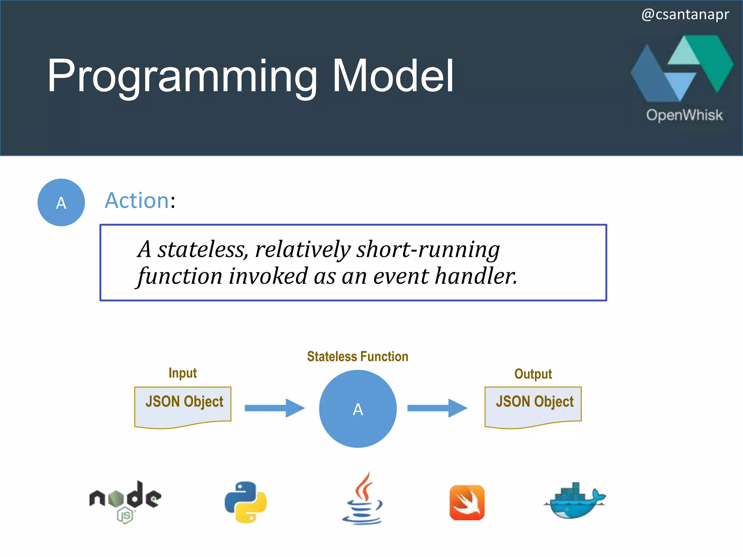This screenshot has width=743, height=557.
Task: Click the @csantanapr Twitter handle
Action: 685,15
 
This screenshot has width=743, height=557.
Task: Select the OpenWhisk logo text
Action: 684,115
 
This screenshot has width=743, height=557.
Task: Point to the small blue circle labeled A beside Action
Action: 61,202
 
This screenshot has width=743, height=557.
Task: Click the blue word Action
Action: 137,201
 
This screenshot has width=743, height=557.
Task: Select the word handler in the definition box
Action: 476,276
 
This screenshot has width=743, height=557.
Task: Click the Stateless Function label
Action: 357,356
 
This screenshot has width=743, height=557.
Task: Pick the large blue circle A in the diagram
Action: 358,409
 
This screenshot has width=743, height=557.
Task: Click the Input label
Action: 182,373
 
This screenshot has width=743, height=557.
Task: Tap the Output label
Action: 533,374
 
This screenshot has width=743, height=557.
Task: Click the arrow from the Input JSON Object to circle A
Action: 274,408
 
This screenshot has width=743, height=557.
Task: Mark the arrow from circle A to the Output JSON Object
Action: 437,408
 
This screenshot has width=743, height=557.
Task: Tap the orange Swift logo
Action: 467,503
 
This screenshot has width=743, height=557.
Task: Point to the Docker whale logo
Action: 575,500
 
